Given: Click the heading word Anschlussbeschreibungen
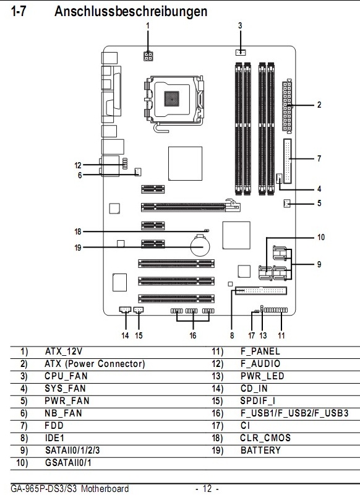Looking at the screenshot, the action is tap(131, 12).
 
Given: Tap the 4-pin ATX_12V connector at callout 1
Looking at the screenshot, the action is tap(148, 56).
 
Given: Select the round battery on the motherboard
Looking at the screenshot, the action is tap(200, 246).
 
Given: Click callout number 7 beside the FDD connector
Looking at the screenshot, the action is tap(319, 158).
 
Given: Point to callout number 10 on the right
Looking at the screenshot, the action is tap(320, 237).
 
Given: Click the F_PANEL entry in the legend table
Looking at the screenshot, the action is tap(260, 351).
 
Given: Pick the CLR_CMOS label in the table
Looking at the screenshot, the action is tap(265, 438).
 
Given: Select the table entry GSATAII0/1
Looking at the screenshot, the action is tap(68, 463).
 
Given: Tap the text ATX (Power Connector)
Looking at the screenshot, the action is tap(95, 364).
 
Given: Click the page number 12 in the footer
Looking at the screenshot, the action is tap(207, 488).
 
